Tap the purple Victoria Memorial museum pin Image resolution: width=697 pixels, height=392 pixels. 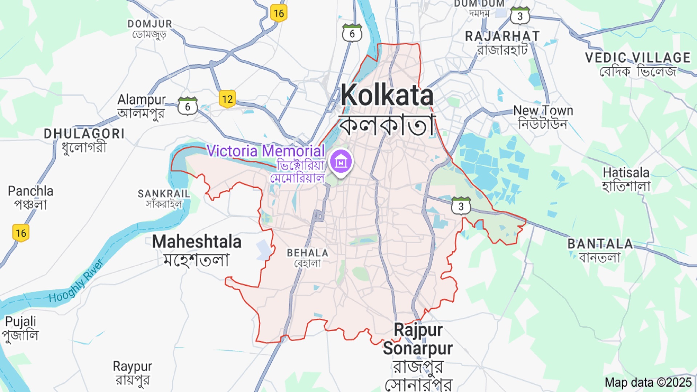[x=341, y=162]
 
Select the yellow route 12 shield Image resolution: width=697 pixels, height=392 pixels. [x=227, y=99]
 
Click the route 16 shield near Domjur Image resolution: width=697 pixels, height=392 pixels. [x=278, y=13]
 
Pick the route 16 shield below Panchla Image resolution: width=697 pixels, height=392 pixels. [x=21, y=233]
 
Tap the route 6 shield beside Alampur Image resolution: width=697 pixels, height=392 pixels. [x=187, y=106]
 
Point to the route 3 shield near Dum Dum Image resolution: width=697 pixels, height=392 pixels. [x=520, y=16]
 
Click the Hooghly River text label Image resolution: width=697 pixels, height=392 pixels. [x=76, y=281]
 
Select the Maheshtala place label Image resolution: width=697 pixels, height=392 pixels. [x=196, y=242]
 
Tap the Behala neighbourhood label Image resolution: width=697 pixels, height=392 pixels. [x=307, y=253]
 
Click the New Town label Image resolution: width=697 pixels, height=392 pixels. [x=543, y=110]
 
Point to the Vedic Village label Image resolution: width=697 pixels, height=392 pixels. [x=637, y=58]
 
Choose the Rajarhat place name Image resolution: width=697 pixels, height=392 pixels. [x=502, y=36]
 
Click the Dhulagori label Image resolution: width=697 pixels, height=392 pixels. [x=84, y=134]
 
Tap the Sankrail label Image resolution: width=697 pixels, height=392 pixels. [x=164, y=194]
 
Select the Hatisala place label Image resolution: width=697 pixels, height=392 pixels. [x=626, y=172]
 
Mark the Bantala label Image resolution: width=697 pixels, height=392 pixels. [x=600, y=244]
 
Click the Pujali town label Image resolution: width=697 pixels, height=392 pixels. [x=20, y=322]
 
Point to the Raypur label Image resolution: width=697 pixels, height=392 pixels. [x=132, y=366]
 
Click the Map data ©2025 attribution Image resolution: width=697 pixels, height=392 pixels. [x=648, y=382]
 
